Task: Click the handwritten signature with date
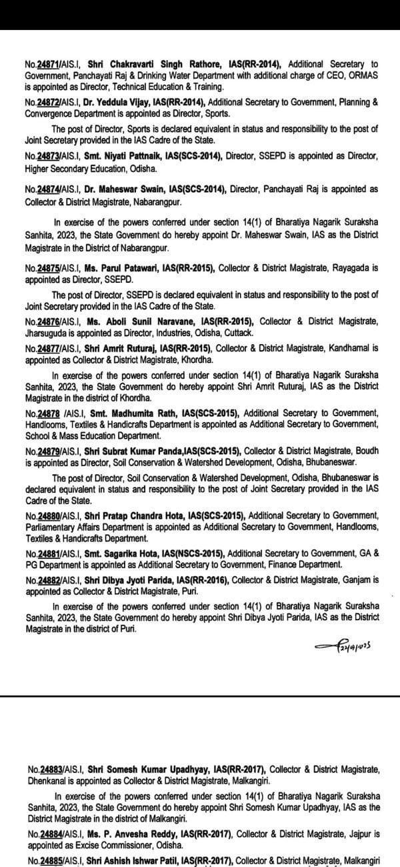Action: pyautogui.click(x=339, y=646)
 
